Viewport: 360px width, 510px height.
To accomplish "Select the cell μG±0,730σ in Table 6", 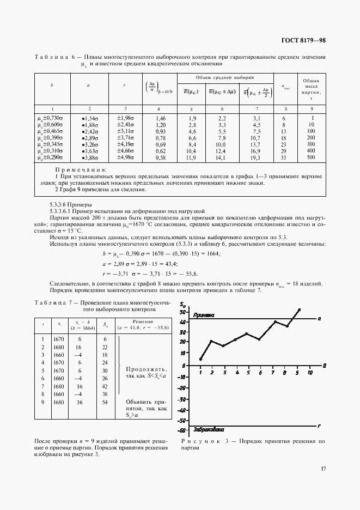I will (50, 118).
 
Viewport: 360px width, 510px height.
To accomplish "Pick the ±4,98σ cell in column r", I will (125, 158).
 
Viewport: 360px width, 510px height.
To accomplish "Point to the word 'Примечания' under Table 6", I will (84, 170).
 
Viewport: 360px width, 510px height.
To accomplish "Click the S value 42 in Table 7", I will (104, 385).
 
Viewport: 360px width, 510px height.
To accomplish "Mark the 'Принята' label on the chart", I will (203, 315).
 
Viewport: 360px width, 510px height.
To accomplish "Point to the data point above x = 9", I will (298, 310).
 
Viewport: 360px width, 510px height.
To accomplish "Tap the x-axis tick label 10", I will (310, 373).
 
